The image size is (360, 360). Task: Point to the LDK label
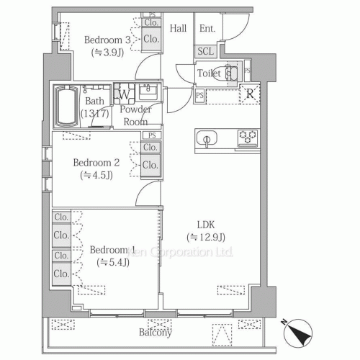(x=206, y=223)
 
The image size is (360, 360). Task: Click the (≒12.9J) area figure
(x=206, y=237)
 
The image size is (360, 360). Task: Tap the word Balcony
(x=156, y=333)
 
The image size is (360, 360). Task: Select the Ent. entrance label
(x=207, y=29)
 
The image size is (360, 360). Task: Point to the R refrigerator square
(x=251, y=93)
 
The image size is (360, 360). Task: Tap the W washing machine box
(x=125, y=94)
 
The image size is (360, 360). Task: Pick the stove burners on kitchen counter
(x=248, y=138)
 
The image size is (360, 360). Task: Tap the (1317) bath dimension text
(x=94, y=114)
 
